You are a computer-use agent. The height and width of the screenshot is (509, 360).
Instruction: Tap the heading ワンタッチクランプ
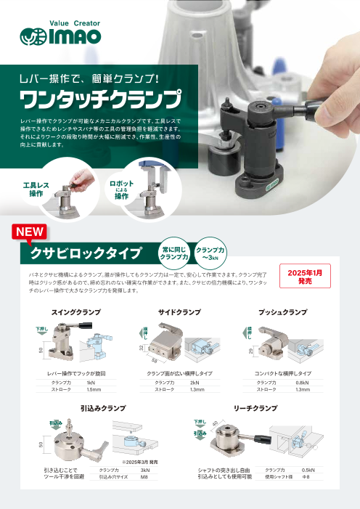tap(99, 97)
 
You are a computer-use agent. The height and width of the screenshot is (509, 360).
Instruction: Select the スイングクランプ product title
tap(76, 311)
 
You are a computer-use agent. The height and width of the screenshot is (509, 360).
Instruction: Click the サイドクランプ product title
tap(179, 311)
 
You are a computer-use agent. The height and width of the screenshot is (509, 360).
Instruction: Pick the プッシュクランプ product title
tap(282, 311)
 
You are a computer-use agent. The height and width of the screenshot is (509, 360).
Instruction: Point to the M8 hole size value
tap(144, 478)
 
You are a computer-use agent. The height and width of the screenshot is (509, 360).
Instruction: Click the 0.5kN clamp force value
tap(308, 471)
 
